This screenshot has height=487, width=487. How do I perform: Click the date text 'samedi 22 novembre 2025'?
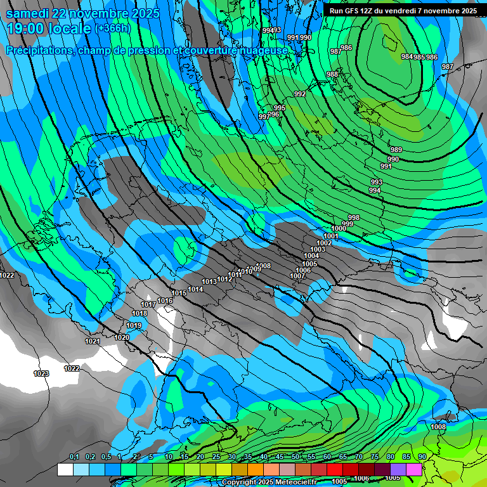[x=83, y=13]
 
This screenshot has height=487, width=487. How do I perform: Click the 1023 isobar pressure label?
[x=41, y=373]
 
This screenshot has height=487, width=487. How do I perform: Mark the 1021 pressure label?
[x=93, y=341]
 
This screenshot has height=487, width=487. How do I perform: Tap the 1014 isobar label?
[x=195, y=289]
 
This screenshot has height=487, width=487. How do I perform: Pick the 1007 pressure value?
[x=297, y=276]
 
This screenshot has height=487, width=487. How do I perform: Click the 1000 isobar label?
[x=339, y=228]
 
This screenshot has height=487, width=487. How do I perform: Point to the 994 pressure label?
[x=375, y=190]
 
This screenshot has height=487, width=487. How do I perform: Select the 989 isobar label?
[x=396, y=150]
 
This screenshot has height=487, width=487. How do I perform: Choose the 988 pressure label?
[x=332, y=74]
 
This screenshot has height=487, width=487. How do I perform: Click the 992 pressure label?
[x=300, y=94]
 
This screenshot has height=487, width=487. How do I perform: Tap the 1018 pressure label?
[x=140, y=313]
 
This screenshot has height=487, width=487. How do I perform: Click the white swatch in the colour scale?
[x=65, y=469]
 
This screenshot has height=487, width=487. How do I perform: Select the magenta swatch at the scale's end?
[x=414, y=469]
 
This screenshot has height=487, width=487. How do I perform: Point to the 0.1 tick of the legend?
[x=74, y=457]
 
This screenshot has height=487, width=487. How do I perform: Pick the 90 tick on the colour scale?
[x=422, y=457]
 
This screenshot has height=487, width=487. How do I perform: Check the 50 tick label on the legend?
[x=295, y=457]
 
